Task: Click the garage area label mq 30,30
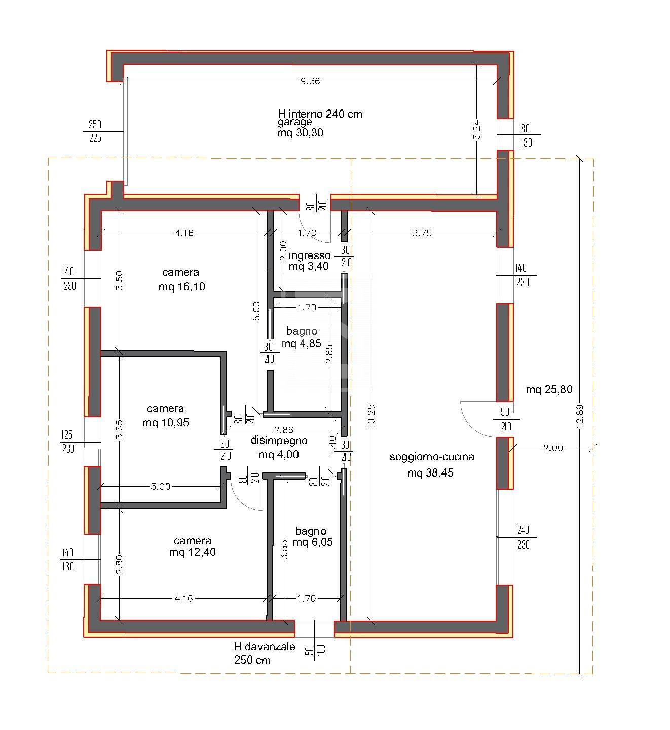[x=300, y=133]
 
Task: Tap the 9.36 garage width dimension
[x=310, y=81]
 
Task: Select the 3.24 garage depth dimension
[x=477, y=130]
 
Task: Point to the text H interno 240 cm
[x=320, y=114]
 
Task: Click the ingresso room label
[x=309, y=255]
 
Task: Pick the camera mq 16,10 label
[x=181, y=279]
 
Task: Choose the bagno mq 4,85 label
[x=302, y=337]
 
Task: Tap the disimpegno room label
[x=279, y=441]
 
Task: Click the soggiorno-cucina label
[x=432, y=457]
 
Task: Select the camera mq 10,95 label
[x=166, y=415]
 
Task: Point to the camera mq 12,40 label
[x=193, y=546]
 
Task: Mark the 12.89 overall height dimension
[x=580, y=416]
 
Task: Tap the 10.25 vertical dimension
[x=371, y=416]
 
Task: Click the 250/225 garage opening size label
[x=95, y=131]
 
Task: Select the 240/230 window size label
[x=523, y=537]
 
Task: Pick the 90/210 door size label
[x=506, y=419]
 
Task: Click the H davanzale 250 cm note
[x=264, y=653]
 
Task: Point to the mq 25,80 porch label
[x=549, y=390]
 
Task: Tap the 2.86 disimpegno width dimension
[x=283, y=430]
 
